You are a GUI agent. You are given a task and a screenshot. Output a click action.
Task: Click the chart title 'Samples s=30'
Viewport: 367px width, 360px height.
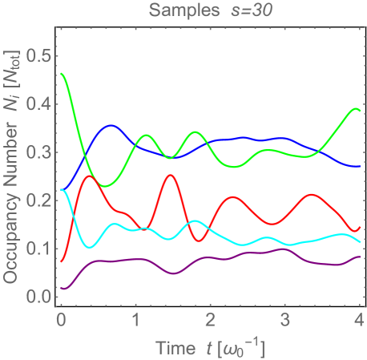[211, 10]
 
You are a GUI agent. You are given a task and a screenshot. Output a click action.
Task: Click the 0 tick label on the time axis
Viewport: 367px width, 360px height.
[61, 320]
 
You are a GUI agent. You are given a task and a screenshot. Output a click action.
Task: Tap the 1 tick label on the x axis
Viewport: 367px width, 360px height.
[135, 320]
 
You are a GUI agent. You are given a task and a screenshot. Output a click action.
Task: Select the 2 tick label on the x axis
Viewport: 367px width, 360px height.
[210, 320]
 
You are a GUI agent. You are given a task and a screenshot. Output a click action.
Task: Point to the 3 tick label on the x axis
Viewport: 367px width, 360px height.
[285, 320]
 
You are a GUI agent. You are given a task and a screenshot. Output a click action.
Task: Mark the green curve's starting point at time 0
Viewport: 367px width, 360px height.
[61, 74]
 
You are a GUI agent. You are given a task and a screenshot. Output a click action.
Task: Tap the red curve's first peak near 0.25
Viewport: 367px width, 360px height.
[90, 176]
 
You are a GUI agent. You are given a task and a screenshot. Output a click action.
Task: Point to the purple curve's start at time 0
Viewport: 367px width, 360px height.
[61, 288]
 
